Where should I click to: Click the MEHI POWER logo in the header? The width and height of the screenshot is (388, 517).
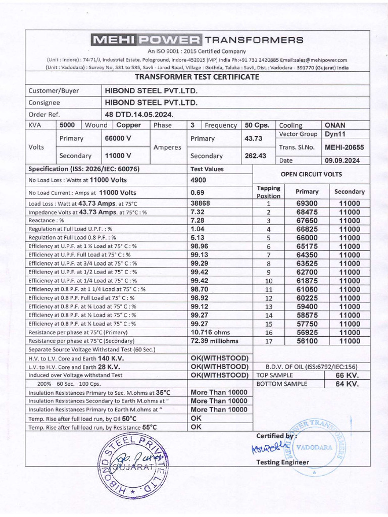(145, 40)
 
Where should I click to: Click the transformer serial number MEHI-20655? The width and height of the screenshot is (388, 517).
(344, 147)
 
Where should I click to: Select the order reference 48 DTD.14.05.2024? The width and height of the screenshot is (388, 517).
(138, 114)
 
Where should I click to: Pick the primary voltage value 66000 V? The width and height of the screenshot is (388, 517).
(118, 138)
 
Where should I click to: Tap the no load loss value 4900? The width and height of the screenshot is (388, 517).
(199, 180)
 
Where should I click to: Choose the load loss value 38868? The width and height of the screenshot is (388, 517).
(201, 203)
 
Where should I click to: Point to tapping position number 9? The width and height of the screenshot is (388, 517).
(269, 272)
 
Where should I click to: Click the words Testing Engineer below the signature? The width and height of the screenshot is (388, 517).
(282, 462)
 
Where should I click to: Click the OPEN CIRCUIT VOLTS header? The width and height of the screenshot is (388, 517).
(311, 174)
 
